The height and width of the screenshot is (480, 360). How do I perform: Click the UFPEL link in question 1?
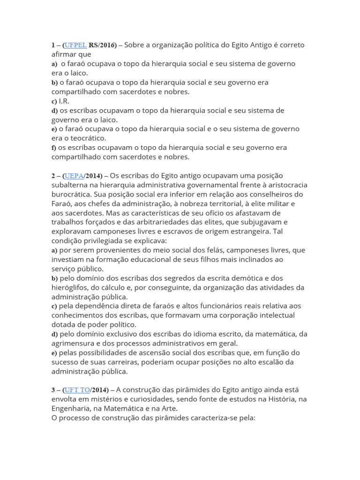point(75,45)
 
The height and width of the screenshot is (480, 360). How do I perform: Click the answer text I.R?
point(64,101)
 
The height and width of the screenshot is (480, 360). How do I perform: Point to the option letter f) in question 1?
point(54,148)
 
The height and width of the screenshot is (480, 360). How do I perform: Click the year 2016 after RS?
point(107,45)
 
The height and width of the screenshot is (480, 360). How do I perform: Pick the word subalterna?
point(70,185)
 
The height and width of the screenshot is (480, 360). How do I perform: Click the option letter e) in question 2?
point(54,352)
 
